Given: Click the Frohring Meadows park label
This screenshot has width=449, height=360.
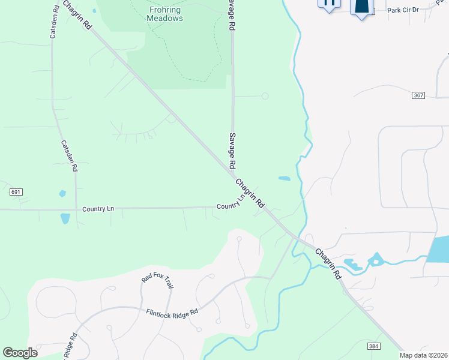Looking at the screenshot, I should tap(164, 14).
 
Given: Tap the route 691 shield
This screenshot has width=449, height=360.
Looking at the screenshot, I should tap(16, 192).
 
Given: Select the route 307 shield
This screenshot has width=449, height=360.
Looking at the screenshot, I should tap(419, 95).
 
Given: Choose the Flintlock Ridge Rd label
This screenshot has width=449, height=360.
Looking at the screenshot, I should tap(172, 313).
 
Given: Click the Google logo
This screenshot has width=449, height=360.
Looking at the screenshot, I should tap(20, 352).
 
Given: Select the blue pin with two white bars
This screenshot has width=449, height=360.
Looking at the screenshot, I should tap(328, 4).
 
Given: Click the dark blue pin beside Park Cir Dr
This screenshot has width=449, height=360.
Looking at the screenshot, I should tap(361, 7).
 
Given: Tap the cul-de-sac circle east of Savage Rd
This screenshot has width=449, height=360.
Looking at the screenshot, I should tap(265, 96).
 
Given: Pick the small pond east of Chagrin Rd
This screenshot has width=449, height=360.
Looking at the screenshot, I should tap(284, 178).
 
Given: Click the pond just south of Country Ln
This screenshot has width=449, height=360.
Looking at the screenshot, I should tap(65, 218).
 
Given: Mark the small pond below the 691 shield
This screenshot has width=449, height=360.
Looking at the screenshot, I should tap(61, 194).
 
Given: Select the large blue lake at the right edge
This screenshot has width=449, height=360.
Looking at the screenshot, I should tap(439, 249).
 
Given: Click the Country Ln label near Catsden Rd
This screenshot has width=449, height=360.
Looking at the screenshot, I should tap(98, 209).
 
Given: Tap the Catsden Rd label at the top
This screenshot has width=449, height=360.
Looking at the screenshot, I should tap(53, 24).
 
